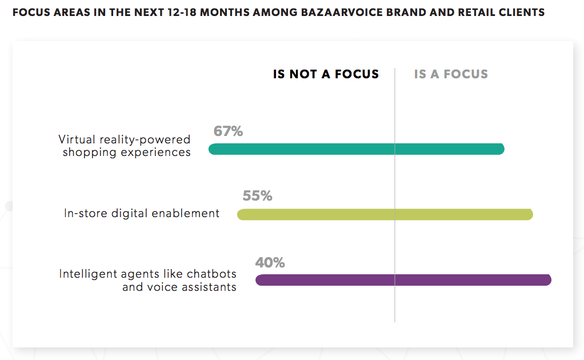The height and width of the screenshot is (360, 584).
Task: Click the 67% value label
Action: tap(228, 131)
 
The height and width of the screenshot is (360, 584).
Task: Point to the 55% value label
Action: tap(257, 196)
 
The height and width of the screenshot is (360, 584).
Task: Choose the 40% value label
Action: tap(270, 263)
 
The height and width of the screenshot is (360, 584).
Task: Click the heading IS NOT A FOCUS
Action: tap(326, 74)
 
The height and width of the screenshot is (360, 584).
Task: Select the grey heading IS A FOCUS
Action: tap(451, 74)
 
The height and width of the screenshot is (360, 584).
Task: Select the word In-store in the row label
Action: tap(84, 214)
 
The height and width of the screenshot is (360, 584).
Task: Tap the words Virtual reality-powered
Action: tap(125, 139)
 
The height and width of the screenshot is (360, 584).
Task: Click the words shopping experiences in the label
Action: tap(126, 153)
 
